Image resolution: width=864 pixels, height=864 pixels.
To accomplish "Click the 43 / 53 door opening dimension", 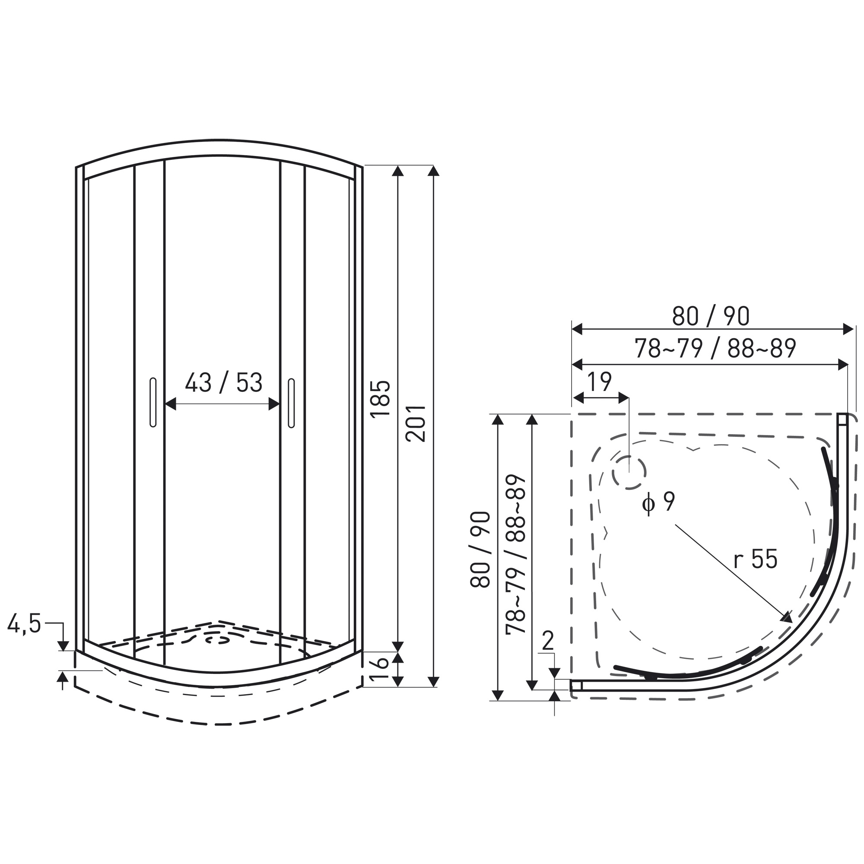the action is [x=224, y=383].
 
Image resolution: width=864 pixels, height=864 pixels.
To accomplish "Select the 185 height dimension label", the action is [x=381, y=399].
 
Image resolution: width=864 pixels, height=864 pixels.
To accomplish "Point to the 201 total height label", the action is [x=416, y=423].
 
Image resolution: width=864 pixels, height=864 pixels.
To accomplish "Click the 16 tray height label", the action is [x=381, y=669].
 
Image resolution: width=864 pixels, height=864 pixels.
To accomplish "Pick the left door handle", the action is [x=153, y=403].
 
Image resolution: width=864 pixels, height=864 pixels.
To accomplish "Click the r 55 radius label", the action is [x=755, y=559].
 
